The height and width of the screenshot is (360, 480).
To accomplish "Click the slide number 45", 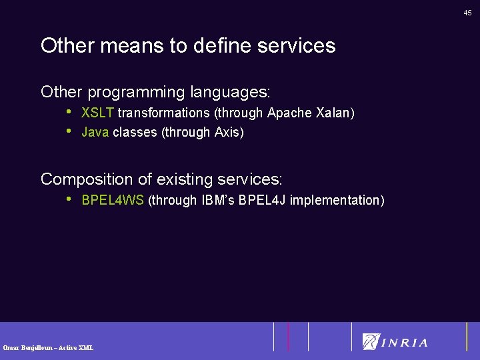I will [468, 13].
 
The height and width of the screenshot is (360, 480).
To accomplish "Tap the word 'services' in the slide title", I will [297, 46].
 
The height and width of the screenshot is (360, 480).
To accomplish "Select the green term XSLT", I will [98, 113].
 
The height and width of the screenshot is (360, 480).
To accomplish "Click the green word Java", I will [95, 133].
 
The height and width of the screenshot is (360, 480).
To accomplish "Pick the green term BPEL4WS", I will [112, 200].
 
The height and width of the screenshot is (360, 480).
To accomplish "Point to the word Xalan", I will [333, 113].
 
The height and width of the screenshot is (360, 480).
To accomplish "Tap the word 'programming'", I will [136, 91].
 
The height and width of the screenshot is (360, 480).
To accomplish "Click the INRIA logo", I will [395, 342].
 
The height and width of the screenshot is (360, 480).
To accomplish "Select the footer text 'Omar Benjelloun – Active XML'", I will [48, 347].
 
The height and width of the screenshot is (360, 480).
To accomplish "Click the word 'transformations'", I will [164, 113].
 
